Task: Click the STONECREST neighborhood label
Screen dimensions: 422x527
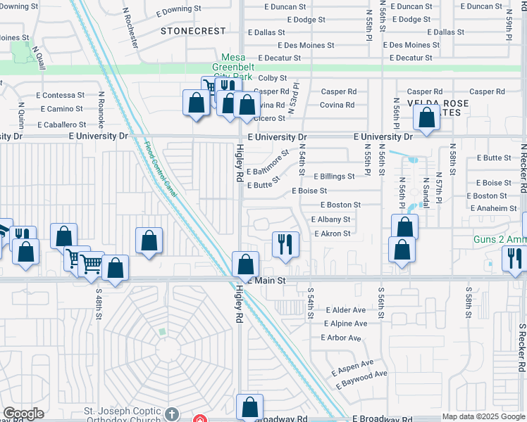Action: pyautogui.click(x=193, y=31)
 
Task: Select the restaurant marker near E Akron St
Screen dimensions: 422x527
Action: pyautogui.click(x=285, y=245)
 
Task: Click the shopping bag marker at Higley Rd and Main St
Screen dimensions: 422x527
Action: pyautogui.click(x=246, y=265)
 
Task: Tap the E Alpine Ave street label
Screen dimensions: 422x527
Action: pyautogui.click(x=345, y=324)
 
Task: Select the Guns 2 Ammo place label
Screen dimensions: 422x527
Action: pyautogui.click(x=499, y=241)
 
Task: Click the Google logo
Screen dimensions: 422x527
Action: pyautogui.click(x=23, y=414)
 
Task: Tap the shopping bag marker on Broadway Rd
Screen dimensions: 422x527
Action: pyautogui.click(x=249, y=407)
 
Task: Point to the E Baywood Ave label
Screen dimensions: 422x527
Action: pyautogui.click(x=361, y=374)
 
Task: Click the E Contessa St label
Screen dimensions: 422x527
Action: pyautogui.click(x=59, y=95)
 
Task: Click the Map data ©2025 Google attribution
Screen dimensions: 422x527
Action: pyautogui.click(x=483, y=416)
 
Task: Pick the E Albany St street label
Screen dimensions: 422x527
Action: pyautogui.click(x=330, y=219)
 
